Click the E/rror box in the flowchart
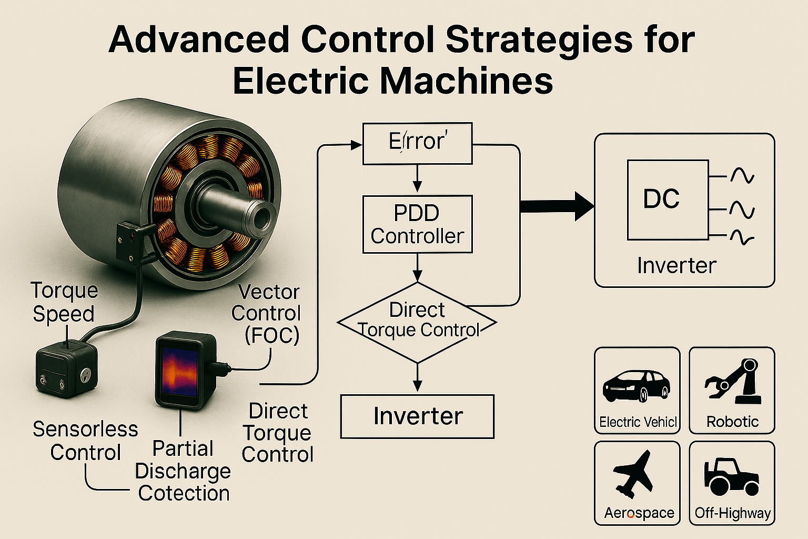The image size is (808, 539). [x=418, y=143]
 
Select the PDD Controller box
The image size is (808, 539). [x=418, y=225]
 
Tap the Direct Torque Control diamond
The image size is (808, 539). [x=417, y=322]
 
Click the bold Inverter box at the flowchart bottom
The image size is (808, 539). [x=418, y=416]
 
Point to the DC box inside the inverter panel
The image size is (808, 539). [x=668, y=199]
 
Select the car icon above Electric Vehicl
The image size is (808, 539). [x=637, y=386]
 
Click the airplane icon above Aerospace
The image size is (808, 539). [x=634, y=474]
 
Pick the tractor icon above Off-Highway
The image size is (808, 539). [x=731, y=476]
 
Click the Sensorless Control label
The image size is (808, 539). [x=85, y=441]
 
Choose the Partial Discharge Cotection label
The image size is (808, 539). [x=183, y=471]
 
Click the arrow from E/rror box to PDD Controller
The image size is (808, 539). [x=417, y=178]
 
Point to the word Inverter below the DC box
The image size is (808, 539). [x=676, y=265]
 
